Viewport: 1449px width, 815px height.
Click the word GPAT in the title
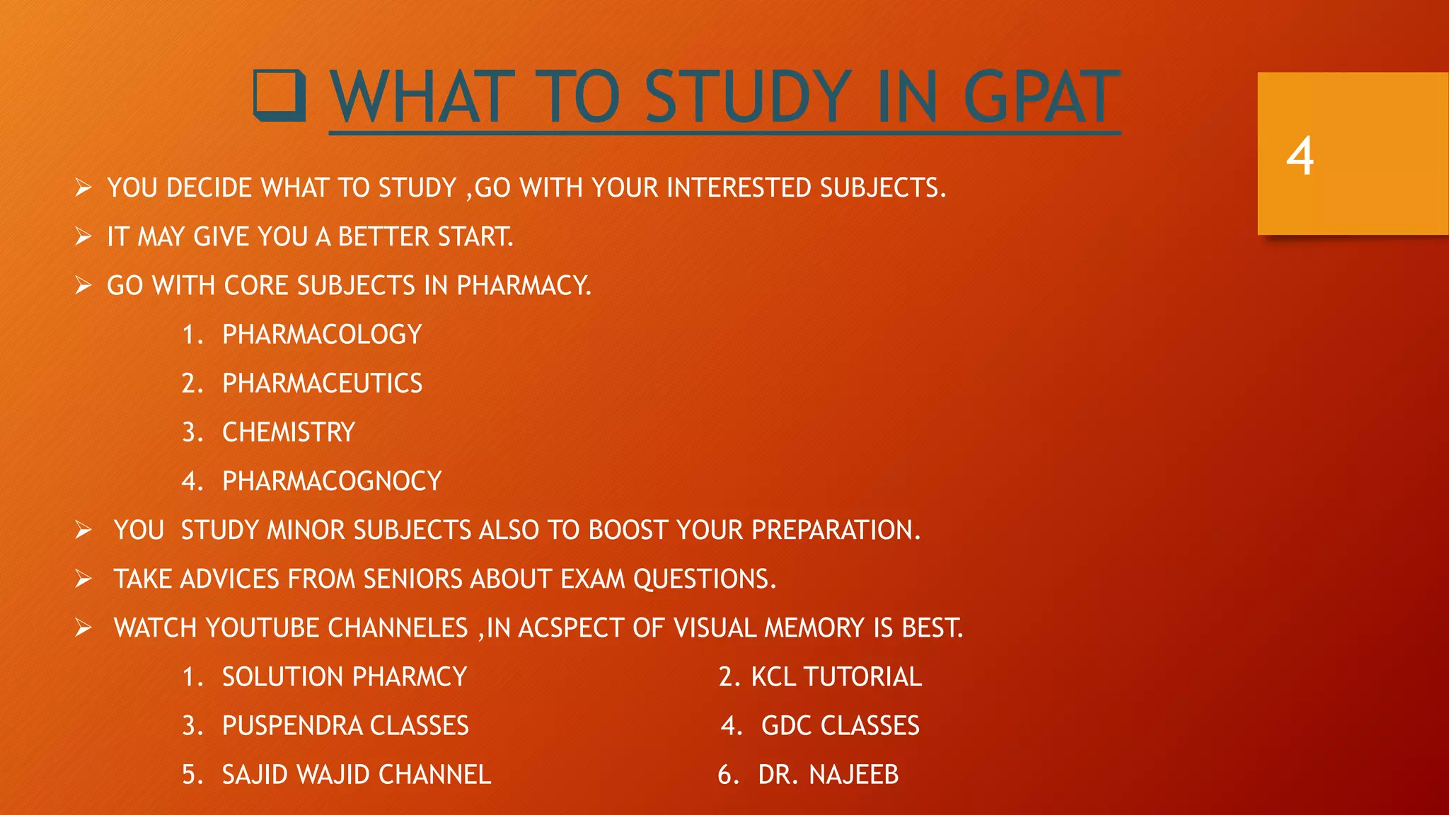click(x=1041, y=97)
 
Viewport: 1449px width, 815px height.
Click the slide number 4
click(x=1300, y=156)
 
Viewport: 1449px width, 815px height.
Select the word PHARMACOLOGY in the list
click(x=322, y=335)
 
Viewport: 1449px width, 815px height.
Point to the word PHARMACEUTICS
click(x=322, y=383)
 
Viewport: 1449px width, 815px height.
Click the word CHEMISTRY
click(x=289, y=432)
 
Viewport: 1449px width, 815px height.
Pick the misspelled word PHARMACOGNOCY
click(x=332, y=481)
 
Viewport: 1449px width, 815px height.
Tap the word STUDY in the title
click(x=749, y=97)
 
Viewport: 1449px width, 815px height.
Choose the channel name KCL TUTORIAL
click(x=836, y=677)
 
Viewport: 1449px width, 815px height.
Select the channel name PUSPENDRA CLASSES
click(x=345, y=726)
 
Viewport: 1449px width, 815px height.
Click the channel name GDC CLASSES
click(x=840, y=726)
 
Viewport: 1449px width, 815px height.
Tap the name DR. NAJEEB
click(x=828, y=775)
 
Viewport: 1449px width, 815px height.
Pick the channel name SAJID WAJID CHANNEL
click(x=357, y=775)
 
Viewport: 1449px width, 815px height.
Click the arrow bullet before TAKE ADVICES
click(x=83, y=579)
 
